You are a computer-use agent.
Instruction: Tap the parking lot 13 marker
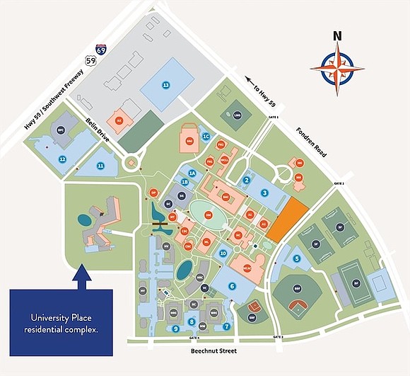click(x=166, y=85)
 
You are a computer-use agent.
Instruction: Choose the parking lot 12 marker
click(x=63, y=159)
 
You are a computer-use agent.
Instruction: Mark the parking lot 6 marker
click(x=232, y=287)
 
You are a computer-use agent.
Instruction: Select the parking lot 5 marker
click(x=297, y=259)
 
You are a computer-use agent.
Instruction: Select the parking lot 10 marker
click(x=223, y=253)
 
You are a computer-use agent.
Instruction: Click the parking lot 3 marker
click(x=264, y=193)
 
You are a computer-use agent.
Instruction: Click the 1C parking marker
click(x=206, y=137)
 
